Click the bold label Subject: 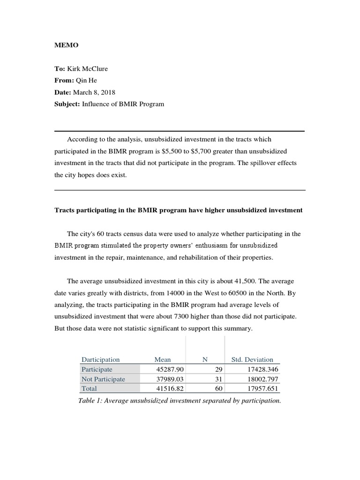coord(67,104)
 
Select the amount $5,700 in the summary coord(204,151)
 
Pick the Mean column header coord(163,360)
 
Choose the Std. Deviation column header coord(252,360)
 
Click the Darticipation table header coord(100,360)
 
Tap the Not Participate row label coord(103,379)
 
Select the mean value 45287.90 coord(171,369)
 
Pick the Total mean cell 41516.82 coord(171,389)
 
